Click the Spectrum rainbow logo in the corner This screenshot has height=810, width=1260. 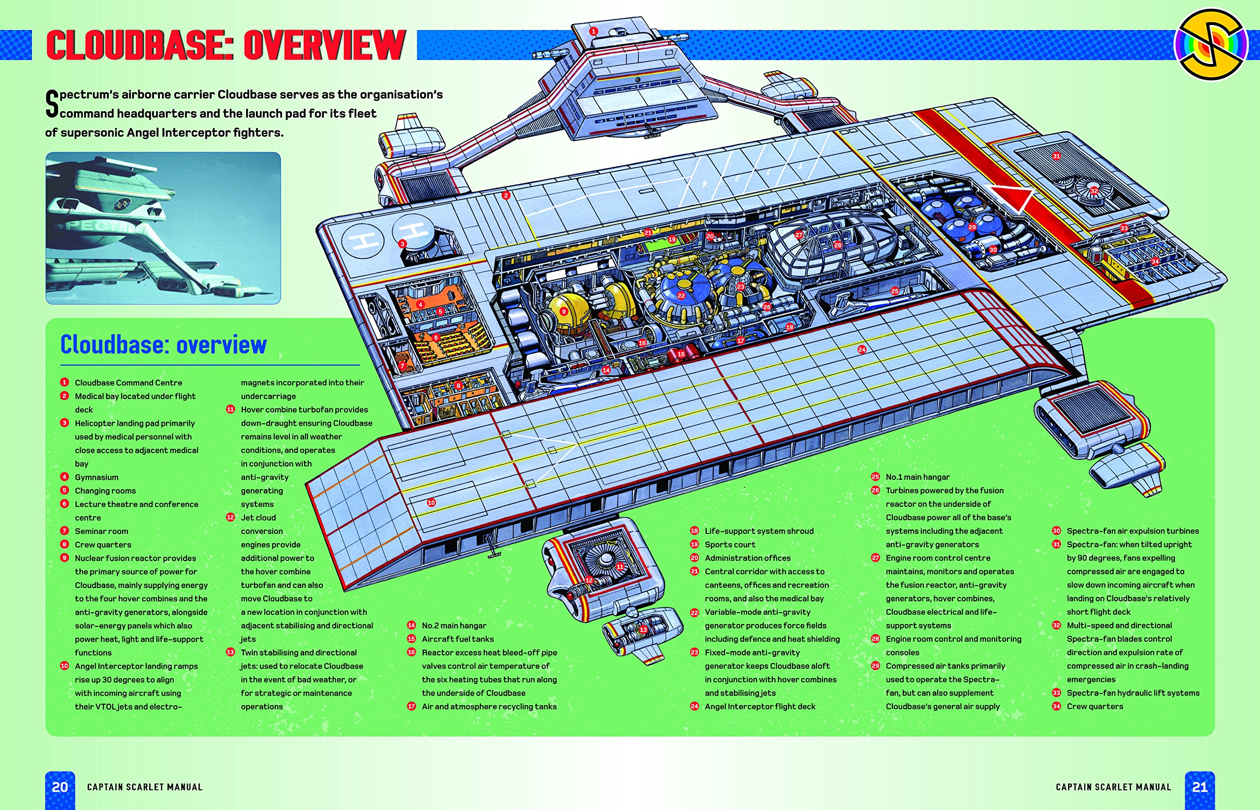[1212, 45]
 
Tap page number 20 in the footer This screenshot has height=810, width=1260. [60, 787]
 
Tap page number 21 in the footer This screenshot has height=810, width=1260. [1199, 787]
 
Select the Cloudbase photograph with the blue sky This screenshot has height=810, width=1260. [163, 228]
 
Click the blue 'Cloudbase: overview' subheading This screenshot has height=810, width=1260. [163, 345]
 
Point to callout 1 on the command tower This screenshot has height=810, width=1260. [594, 31]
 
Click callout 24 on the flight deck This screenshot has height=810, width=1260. [862, 349]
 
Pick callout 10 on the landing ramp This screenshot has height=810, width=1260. [431, 502]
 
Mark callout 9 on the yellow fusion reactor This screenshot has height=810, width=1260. [564, 312]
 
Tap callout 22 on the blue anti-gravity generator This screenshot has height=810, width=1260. [681, 296]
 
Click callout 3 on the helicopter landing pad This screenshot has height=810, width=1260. [403, 244]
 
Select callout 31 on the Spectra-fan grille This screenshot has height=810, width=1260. [1056, 156]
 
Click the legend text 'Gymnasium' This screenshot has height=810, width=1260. [96, 477]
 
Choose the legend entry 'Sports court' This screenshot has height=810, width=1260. [730, 544]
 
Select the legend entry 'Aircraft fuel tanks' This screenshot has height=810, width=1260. [458, 639]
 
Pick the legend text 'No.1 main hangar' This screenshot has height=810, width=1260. [917, 477]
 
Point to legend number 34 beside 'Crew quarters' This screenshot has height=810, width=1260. [1056, 706]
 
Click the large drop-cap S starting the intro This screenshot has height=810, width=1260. [52, 104]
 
